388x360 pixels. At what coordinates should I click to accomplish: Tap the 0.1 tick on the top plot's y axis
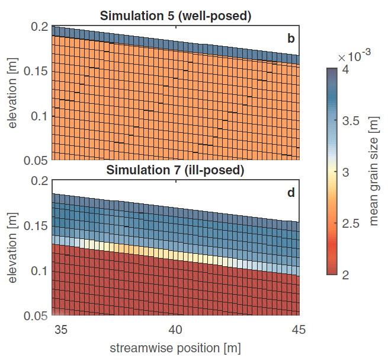42,116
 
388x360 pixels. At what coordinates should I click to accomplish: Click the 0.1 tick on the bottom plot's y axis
42,272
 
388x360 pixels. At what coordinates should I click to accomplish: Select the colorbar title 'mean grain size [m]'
374,171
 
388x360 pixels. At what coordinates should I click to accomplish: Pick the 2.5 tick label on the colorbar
354,223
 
